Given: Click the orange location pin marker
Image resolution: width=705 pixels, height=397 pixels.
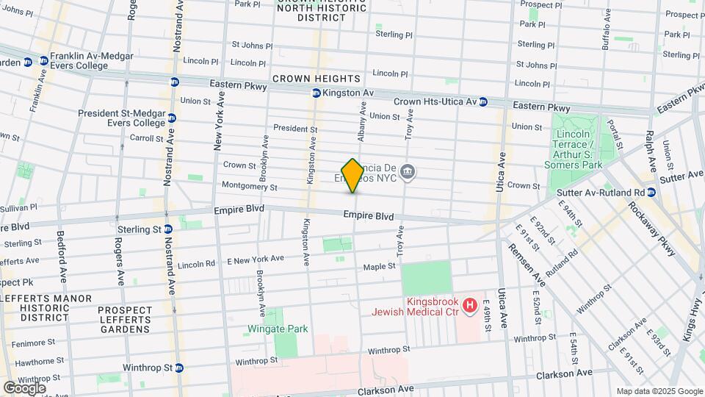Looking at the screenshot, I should point(352,175).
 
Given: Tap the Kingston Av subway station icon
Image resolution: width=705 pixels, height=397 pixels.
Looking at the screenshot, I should point(316,93).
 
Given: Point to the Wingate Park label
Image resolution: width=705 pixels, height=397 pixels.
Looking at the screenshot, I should point(278,329).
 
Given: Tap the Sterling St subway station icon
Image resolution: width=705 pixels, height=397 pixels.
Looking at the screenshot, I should point(167,229).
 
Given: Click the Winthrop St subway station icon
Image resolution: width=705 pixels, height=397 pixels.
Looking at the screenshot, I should point(178,368).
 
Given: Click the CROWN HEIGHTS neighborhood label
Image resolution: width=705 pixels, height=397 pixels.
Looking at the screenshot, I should point(317,79).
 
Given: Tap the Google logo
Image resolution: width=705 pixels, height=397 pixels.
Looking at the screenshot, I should point(23,387).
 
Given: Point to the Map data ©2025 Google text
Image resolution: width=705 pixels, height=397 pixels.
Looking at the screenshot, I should point(659,391).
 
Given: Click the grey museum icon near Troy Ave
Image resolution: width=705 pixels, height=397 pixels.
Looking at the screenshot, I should point(409,174).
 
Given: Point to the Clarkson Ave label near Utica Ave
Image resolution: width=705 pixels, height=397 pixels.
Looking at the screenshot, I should point(564,373).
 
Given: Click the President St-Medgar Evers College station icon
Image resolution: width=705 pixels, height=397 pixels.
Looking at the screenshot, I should point(172,118).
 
